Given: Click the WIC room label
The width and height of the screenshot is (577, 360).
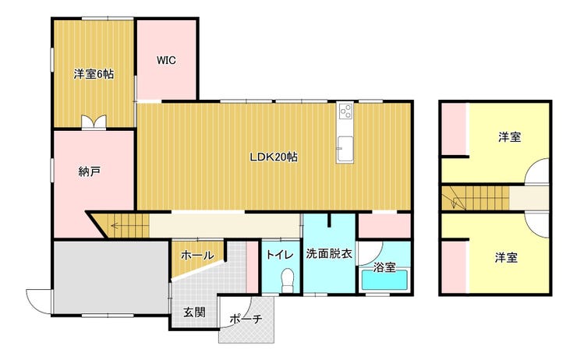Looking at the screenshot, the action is pyautogui.click(x=166, y=60).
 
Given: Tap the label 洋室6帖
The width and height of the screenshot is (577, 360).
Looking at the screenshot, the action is pyautogui.click(x=94, y=74).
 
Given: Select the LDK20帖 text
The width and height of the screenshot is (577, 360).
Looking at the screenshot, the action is pyautogui.click(x=274, y=157).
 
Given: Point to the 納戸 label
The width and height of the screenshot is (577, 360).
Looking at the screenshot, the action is pyautogui.click(x=90, y=171).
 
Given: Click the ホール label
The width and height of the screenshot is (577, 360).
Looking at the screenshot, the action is pyautogui.click(x=197, y=255).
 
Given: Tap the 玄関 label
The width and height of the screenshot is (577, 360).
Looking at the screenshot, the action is pyautogui.click(x=194, y=312).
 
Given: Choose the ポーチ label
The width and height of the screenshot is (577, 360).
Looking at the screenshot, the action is pyautogui.click(x=246, y=319).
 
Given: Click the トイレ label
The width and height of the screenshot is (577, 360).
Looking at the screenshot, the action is pyautogui.click(x=280, y=255).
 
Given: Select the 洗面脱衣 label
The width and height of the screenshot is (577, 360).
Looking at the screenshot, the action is pyautogui.click(x=329, y=254).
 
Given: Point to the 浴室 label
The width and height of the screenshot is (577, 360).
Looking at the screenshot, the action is pyautogui.click(x=384, y=267).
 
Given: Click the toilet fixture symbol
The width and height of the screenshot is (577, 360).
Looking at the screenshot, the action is pyautogui.click(x=288, y=281).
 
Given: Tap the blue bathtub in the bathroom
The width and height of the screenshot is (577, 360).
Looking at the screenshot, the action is pyautogui.click(x=385, y=281).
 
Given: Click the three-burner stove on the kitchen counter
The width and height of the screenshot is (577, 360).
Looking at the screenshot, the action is pyautogui.click(x=346, y=111).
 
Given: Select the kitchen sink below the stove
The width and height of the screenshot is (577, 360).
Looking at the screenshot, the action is pyautogui.click(x=345, y=149).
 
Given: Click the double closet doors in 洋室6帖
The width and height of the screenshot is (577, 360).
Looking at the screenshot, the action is pyautogui.click(x=94, y=122).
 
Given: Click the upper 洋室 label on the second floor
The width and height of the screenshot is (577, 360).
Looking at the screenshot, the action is pyautogui.click(x=510, y=137).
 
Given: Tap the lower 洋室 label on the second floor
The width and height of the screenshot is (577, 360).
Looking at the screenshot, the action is pyautogui.click(x=506, y=257).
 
